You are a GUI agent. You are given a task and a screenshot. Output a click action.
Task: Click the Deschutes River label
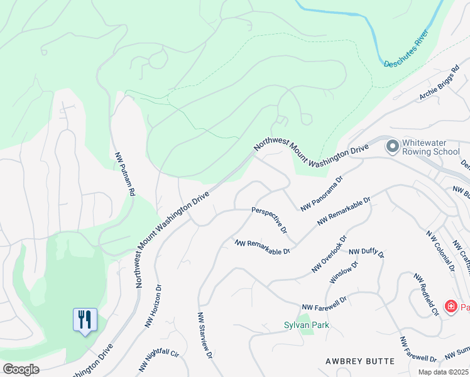(410, 53)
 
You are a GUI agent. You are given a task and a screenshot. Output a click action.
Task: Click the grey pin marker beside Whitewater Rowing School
(393, 146)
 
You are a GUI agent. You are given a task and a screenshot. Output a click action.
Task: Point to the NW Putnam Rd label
(125, 173)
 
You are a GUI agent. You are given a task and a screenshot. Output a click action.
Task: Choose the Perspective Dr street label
(270, 219)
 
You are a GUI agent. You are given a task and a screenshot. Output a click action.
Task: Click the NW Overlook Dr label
(329, 254)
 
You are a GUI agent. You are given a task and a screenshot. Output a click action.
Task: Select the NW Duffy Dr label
(366, 254)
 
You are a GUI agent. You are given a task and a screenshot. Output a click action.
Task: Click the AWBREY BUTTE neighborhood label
(360, 361)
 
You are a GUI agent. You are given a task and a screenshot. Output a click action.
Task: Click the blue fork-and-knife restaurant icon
(84, 320)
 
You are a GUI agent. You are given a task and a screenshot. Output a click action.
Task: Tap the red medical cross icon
(451, 307)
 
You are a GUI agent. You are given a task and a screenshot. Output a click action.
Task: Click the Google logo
(20, 369)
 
